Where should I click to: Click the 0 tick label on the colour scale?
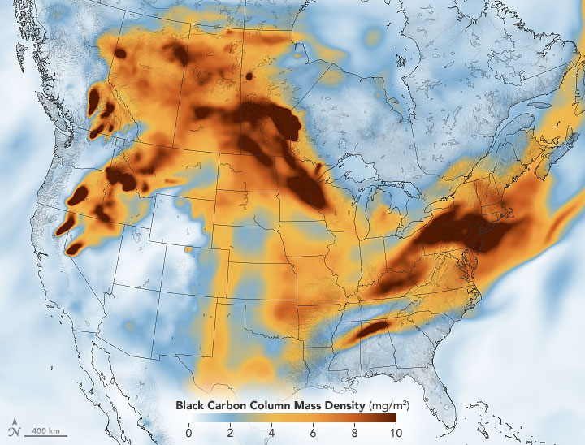click(188, 432)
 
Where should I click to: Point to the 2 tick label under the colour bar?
click(230, 432)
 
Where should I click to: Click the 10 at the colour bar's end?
click(394, 432)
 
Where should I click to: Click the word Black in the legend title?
click(191, 404)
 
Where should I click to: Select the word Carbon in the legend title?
click(226, 404)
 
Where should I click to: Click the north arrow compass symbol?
click(15, 427)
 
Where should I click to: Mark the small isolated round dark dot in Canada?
click(249, 76)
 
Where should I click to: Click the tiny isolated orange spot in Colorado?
click(189, 249)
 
